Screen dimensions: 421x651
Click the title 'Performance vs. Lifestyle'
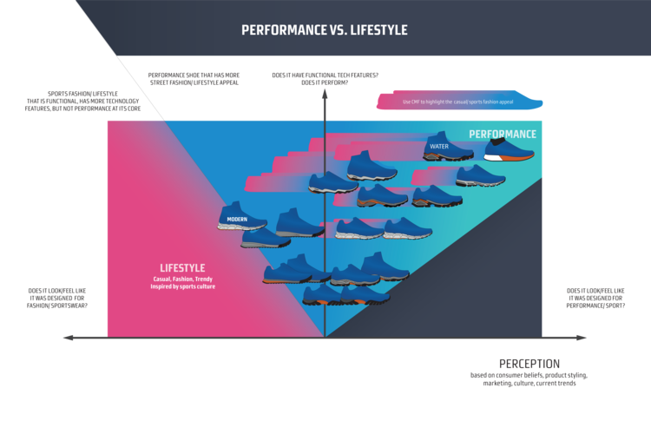324,30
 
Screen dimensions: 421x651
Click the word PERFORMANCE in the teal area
503,135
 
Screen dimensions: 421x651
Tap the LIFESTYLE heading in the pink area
182,267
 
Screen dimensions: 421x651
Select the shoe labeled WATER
448,148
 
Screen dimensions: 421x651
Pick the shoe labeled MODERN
241,217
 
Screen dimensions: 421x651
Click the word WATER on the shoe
437,146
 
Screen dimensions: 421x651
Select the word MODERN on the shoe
237,220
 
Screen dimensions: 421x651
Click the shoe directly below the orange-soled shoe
480,176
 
